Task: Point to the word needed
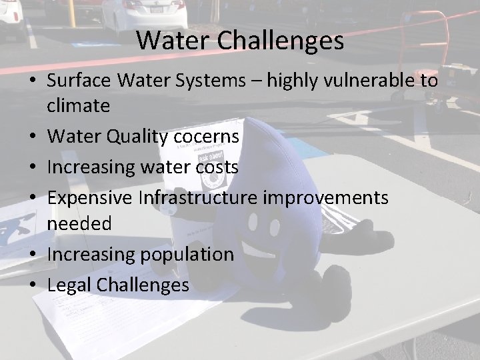[x=79, y=224]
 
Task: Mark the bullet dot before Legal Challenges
[x=33, y=285]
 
